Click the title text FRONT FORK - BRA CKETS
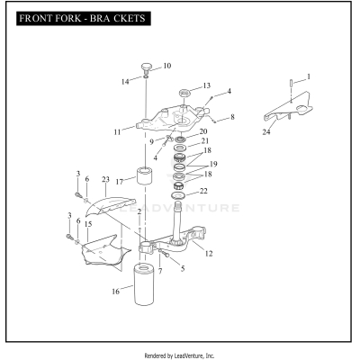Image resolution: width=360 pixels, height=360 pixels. [78, 18]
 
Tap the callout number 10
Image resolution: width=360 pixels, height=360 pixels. [166, 67]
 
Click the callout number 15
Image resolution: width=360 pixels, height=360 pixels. [88, 224]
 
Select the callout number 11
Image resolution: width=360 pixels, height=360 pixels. [118, 131]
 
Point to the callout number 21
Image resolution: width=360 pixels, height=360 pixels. [204, 141]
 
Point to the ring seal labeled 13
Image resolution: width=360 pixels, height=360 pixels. [185, 93]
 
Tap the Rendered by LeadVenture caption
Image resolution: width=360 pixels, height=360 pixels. [179, 355]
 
